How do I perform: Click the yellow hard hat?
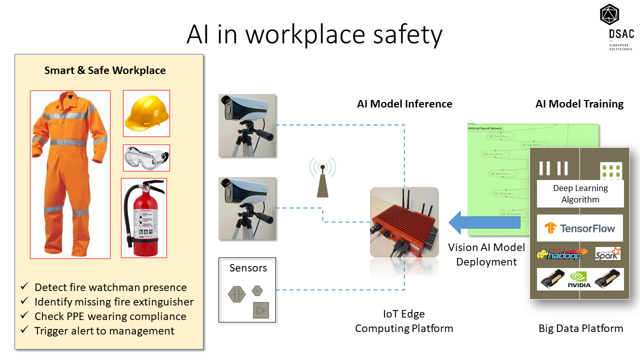[146, 114]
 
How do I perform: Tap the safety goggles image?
[146, 158]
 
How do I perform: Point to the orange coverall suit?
[70, 174]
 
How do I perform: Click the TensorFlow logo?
[580, 228]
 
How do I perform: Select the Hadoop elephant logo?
[559, 254]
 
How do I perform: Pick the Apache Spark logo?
[607, 253]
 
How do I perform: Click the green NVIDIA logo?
[579, 279]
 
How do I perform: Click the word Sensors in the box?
[248, 268]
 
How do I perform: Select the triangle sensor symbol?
[260, 310]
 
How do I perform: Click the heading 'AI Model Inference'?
[404, 104]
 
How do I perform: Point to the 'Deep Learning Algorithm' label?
[580, 194]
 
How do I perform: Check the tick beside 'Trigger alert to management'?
[24, 330]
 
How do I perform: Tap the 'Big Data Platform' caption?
[580, 328]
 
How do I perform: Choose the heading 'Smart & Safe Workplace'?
[105, 70]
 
